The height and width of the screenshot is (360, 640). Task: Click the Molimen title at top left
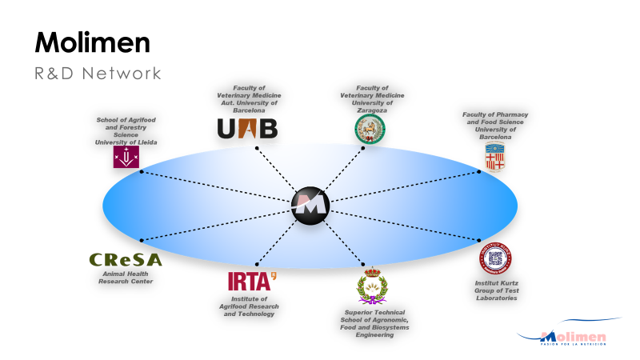coord(93,42)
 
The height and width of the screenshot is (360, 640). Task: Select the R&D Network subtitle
coord(98,74)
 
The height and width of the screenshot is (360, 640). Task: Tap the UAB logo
coord(247,128)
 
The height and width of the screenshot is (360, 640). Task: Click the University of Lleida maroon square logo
coord(126,158)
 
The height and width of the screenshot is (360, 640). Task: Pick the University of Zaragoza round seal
coord(370,127)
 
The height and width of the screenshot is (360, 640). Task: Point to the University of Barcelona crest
coord(495,157)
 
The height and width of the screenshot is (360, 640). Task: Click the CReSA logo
coord(126,260)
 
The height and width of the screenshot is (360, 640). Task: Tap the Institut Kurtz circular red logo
coord(495,258)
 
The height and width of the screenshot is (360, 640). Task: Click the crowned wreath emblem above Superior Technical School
coord(371,288)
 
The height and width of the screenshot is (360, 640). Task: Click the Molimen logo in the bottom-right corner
coord(573,337)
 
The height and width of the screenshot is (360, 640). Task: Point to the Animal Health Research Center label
coord(126,278)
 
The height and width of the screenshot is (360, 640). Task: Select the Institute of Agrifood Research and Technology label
coord(247,307)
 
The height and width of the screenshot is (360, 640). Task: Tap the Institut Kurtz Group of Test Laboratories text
coord(496,290)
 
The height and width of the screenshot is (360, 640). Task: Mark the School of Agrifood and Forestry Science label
coord(126,131)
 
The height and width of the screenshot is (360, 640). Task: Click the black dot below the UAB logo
coord(256,148)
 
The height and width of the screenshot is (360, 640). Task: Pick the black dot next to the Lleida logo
coord(142,171)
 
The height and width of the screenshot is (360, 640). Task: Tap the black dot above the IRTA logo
coord(256,261)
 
